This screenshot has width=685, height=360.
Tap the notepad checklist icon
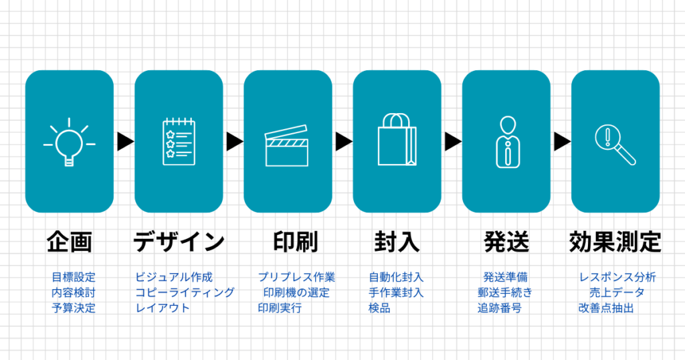[179, 141]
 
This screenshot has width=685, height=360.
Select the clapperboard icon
[287, 146]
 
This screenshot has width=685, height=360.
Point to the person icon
[506, 141]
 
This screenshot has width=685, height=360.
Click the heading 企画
[69, 242]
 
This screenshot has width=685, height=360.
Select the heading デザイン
[179, 242]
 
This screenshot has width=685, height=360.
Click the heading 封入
[397, 242]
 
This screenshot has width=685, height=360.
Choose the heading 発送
[506, 242]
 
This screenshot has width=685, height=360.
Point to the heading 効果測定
[615, 242]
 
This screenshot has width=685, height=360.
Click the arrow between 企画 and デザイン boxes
[124, 141]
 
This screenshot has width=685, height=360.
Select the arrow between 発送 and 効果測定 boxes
[561, 141]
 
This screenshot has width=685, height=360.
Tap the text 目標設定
[74, 277]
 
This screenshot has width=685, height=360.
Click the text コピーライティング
[185, 292]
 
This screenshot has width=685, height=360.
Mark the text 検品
[379, 308]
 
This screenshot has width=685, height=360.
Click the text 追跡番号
[500, 308]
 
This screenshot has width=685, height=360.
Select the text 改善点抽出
[606, 308]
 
